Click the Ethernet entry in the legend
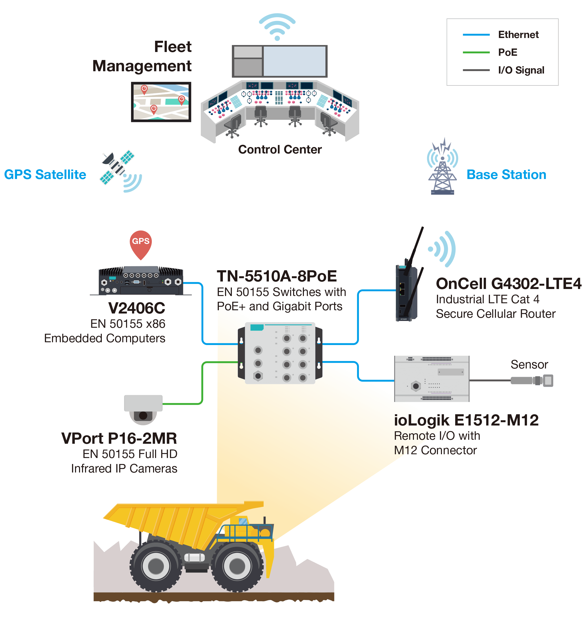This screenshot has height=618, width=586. pos(518,35)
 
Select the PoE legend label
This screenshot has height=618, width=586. pos(508,52)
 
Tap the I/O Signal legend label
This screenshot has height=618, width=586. pos(521,70)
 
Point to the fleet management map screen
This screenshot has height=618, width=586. pos(161,102)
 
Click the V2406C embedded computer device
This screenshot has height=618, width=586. pos(141,281)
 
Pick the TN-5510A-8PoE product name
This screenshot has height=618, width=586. pos(277,276)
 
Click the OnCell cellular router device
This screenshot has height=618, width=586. pos(406,292)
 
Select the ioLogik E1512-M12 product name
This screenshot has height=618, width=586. pos(466,420)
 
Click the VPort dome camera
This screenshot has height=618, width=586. pos(143,409)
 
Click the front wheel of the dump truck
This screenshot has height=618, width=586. pos(237,565)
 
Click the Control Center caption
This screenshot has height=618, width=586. pos(280,149)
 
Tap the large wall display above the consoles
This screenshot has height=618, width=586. pos(295,61)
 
